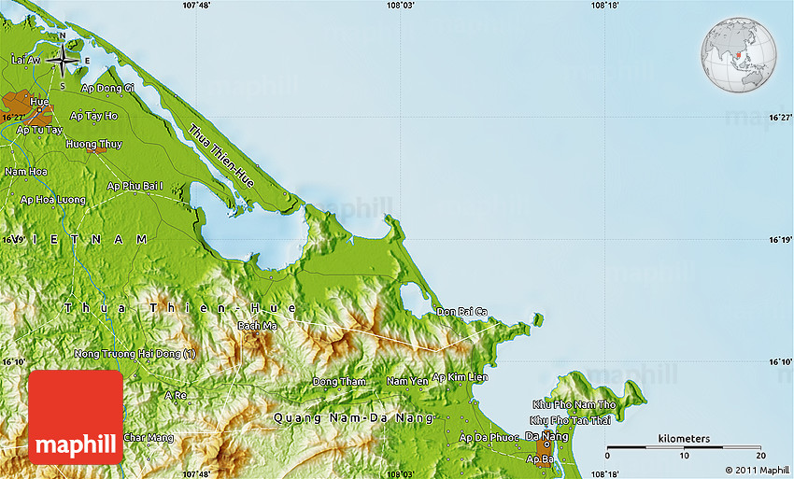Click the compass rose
(63, 61)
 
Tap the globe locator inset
(738, 53)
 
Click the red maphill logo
(77, 417)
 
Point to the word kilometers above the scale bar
(684, 439)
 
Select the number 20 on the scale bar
(759, 455)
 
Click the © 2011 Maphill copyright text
(756, 470)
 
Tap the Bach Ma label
(257, 326)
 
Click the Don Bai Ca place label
(461, 311)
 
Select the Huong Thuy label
(93, 144)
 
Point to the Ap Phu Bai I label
(141, 186)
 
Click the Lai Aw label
(26, 60)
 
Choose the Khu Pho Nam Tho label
(574, 404)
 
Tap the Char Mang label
(149, 437)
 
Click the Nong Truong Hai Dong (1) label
(136, 354)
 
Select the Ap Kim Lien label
(460, 377)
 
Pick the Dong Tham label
(339, 382)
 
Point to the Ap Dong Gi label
(108, 88)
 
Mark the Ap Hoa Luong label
(53, 200)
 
